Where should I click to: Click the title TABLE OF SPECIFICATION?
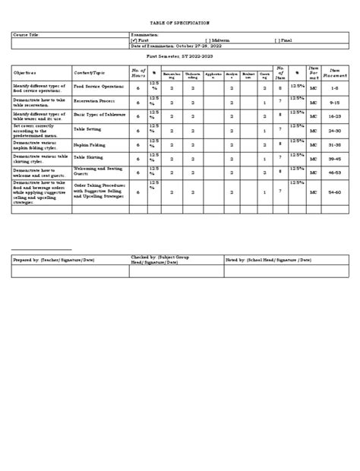[x=179, y=24]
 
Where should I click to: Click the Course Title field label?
[x=30, y=35]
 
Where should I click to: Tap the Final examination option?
[x=286, y=41]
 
